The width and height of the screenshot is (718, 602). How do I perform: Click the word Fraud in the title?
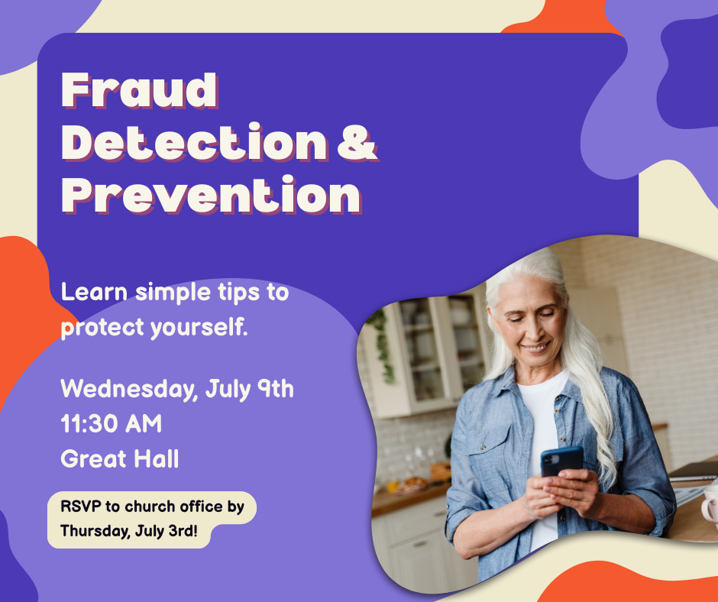coord(139,90)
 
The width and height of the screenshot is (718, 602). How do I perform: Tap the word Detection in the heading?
coord(195,142)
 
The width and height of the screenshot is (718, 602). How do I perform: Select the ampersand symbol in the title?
coord(357,142)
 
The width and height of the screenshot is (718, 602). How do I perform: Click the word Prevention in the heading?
coord(212,195)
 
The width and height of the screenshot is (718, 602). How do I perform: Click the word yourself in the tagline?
coord(199,328)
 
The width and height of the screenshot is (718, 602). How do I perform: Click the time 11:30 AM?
coord(112,423)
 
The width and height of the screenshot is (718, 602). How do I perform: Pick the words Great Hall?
coord(119,458)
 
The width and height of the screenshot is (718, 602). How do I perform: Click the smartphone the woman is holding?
coord(561,461)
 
